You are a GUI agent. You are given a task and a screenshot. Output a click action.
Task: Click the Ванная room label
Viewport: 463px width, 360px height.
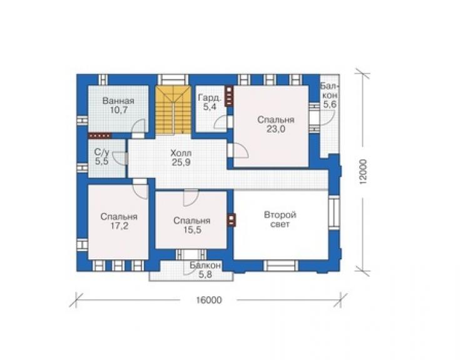point(118,101)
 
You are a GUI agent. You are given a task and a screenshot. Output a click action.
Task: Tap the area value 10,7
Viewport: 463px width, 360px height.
point(118,110)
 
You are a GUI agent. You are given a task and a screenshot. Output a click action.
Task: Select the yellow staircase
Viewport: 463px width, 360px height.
point(173,110)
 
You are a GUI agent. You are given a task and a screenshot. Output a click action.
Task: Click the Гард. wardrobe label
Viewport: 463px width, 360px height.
point(210,98)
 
